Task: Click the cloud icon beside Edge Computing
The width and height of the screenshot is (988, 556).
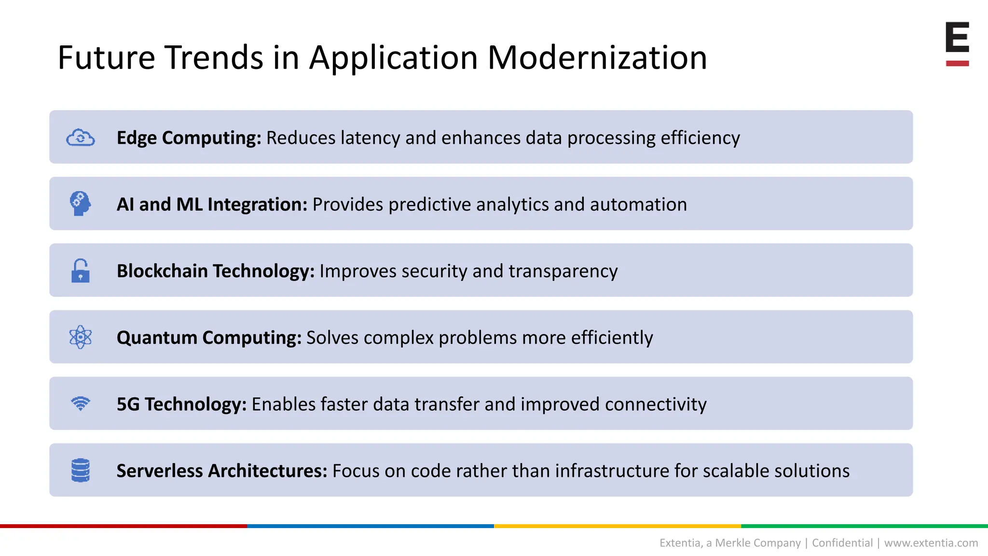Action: pyautogui.click(x=81, y=138)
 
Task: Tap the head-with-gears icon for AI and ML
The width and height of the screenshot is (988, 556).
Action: pyautogui.click(x=80, y=204)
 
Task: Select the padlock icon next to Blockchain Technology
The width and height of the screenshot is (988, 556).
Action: pyautogui.click(x=80, y=271)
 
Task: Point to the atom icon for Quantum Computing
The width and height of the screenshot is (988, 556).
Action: pyautogui.click(x=81, y=337)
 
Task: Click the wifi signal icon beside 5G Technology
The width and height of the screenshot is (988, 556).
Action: pyautogui.click(x=81, y=403)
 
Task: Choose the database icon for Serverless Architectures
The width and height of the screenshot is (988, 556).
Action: pyautogui.click(x=81, y=470)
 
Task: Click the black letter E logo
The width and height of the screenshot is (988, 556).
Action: pyautogui.click(x=957, y=37)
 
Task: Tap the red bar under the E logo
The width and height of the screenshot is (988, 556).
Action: pyautogui.click(x=957, y=63)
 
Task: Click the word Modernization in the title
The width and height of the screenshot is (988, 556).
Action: pyautogui.click(x=597, y=58)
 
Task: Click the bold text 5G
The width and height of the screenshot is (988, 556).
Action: pyautogui.click(x=128, y=404)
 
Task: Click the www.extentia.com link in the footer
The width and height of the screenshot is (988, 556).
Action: pyautogui.click(x=931, y=543)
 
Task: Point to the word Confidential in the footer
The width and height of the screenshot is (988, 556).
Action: pyautogui.click(x=842, y=543)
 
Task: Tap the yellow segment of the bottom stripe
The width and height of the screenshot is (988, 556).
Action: pyautogui.click(x=617, y=526)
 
